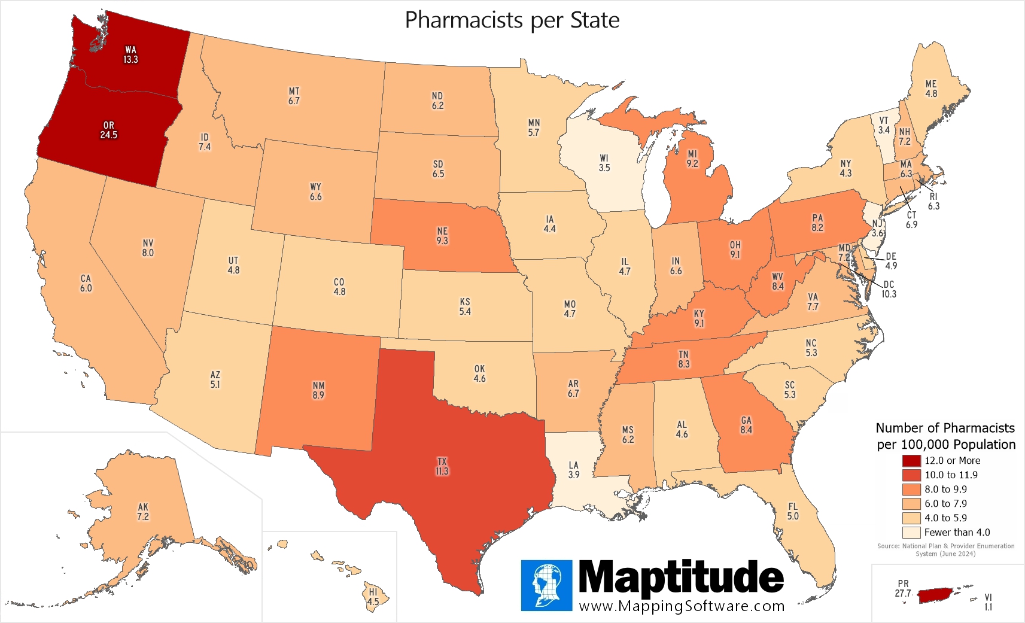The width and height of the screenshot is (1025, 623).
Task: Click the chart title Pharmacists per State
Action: (x=512, y=20)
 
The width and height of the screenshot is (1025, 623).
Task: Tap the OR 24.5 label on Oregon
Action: (x=108, y=130)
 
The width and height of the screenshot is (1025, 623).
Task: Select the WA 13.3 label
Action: (x=130, y=55)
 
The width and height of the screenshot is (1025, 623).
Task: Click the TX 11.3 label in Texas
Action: (x=442, y=467)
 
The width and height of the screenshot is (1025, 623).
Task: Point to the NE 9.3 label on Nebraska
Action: (x=442, y=236)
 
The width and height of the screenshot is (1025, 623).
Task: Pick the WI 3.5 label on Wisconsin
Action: (x=604, y=163)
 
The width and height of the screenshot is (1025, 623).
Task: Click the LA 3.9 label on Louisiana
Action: (x=573, y=470)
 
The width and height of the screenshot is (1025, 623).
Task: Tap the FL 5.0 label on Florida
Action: (x=793, y=511)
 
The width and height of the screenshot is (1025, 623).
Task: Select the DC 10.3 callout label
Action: (x=889, y=290)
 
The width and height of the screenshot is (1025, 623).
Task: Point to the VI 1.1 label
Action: (x=988, y=602)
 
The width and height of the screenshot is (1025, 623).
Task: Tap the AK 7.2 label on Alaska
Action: (x=142, y=512)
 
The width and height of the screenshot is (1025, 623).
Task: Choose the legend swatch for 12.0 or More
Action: (x=911, y=461)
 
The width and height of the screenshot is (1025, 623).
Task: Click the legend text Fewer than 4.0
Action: (x=957, y=532)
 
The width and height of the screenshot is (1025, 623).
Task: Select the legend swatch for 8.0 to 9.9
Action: (x=911, y=490)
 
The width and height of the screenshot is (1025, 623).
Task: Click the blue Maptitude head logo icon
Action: (x=546, y=585)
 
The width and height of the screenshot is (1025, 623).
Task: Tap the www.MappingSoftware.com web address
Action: (x=682, y=606)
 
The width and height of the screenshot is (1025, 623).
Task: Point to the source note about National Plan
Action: (x=945, y=549)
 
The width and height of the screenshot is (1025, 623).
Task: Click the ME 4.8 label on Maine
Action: (x=931, y=89)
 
